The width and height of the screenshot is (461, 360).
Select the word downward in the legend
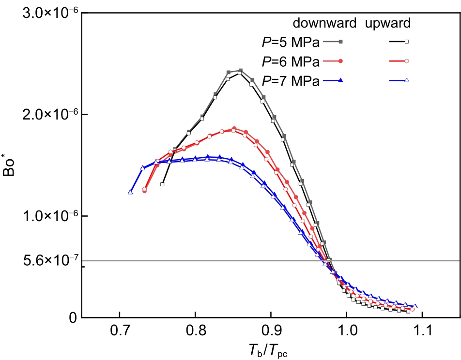(x=324, y=23)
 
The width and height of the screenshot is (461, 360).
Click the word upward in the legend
(x=388, y=23)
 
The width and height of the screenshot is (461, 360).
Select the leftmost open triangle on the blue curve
(x=130, y=192)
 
